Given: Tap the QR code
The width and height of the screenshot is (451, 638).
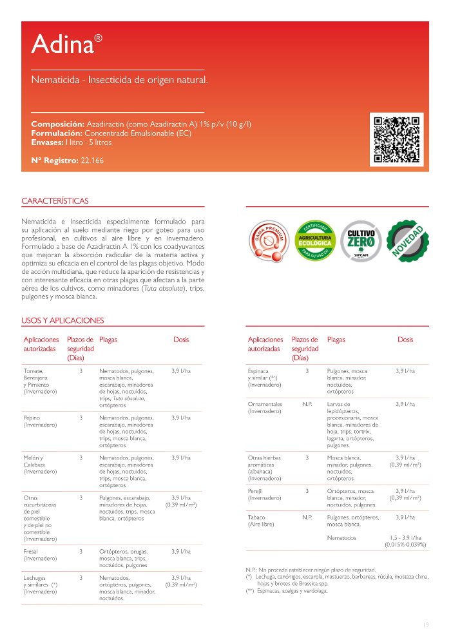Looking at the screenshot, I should pyautogui.click(x=398, y=139).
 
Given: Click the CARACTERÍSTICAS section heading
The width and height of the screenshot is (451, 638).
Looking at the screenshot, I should pyautogui.click(x=55, y=201).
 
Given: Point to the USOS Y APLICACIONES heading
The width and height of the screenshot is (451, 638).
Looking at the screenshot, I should pyautogui.click(x=62, y=320).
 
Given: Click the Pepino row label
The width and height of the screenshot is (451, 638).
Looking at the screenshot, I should pyautogui.click(x=32, y=418).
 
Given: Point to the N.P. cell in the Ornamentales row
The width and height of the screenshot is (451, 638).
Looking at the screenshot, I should pyautogui.click(x=307, y=404).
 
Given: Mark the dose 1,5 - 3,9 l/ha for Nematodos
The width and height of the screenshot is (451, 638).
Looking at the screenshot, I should pyautogui.click(x=405, y=537).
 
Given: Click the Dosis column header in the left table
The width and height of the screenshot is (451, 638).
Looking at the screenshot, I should pyautogui.click(x=181, y=339).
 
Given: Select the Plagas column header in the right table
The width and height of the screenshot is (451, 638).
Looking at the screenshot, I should pyautogui.click(x=336, y=339).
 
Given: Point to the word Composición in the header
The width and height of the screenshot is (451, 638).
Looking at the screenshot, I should pyautogui.click(x=57, y=124).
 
